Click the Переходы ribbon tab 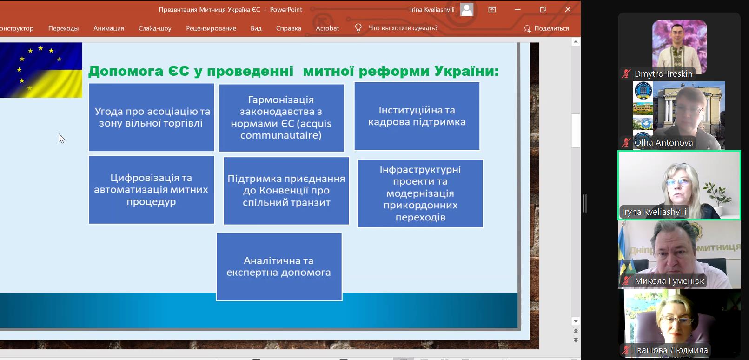63,28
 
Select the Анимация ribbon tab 109,28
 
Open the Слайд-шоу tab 155,28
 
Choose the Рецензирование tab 211,28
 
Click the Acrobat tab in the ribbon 327,28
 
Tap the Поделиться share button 546,28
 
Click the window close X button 568,9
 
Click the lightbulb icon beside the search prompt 358,28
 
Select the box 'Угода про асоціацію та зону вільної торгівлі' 152,117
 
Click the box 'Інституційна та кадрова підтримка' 417,116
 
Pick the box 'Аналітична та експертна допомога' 279,267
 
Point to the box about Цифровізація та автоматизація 152,190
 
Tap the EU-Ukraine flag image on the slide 41,70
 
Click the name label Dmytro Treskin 663,73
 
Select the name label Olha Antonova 664,142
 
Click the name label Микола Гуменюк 669,281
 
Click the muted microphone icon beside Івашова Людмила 626,350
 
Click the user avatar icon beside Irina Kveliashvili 467,9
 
